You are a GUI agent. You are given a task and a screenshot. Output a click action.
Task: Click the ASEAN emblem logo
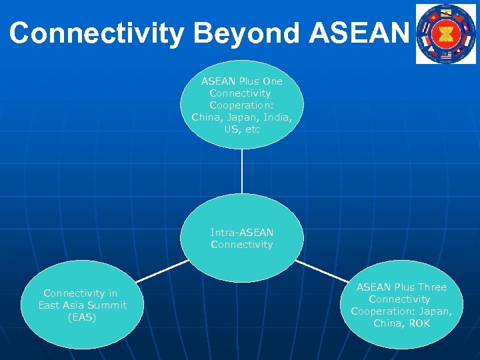[446, 33]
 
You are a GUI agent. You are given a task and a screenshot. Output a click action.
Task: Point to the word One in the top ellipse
[272, 81]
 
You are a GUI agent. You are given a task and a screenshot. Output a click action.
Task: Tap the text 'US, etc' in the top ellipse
[242, 129]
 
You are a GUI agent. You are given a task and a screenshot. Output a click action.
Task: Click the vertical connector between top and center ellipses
[242, 171]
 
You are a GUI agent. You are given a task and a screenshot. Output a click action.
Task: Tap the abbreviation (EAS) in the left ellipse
[82, 317]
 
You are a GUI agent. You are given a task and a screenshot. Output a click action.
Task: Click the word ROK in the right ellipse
[421, 323]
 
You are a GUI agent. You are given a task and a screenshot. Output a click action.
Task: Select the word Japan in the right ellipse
[436, 311]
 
